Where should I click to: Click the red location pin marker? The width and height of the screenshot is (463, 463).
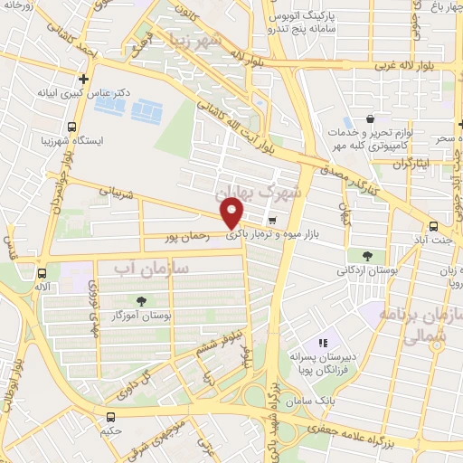(x=232, y=214)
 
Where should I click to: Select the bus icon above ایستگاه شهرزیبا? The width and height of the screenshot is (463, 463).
(x=72, y=128)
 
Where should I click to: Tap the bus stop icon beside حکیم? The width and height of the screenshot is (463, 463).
(x=110, y=417)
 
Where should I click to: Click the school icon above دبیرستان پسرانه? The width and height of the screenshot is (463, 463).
(x=323, y=343)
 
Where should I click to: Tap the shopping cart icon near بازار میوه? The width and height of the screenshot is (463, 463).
(x=271, y=220)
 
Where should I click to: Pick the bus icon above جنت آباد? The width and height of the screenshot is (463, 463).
(x=433, y=227)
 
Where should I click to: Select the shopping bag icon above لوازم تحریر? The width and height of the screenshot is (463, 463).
(x=370, y=118)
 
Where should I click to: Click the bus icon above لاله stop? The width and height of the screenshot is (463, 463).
(x=41, y=272)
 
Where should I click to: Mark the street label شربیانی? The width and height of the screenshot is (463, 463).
(x=117, y=193)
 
